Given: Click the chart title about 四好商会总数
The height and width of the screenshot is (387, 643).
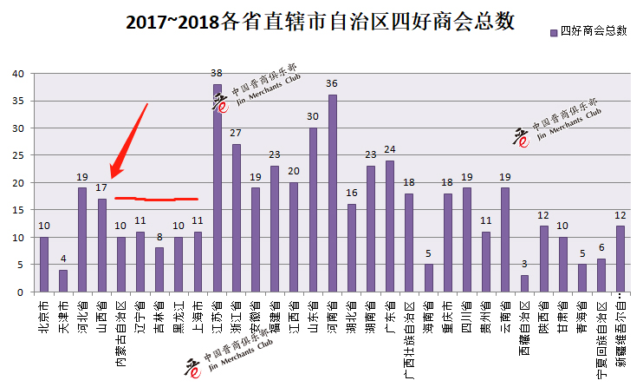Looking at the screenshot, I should (321, 22).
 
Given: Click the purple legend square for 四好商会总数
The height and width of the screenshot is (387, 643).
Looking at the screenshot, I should (554, 31).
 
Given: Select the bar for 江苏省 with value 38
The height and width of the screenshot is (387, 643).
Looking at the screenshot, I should (218, 187).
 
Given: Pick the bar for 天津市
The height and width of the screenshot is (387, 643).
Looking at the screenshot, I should (62, 281).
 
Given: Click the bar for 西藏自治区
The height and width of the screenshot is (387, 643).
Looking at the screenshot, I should (523, 284).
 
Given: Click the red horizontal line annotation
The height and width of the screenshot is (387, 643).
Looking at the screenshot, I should (157, 199).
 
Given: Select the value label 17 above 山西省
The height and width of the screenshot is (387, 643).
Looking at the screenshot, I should (102, 187).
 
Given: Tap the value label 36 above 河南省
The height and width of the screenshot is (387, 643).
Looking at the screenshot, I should (333, 84).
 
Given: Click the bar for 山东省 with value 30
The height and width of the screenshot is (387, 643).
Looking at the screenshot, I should (313, 210).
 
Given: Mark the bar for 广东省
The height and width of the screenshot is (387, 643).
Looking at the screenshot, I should (390, 226).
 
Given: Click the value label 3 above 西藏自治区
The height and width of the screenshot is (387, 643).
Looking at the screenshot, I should (523, 265).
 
